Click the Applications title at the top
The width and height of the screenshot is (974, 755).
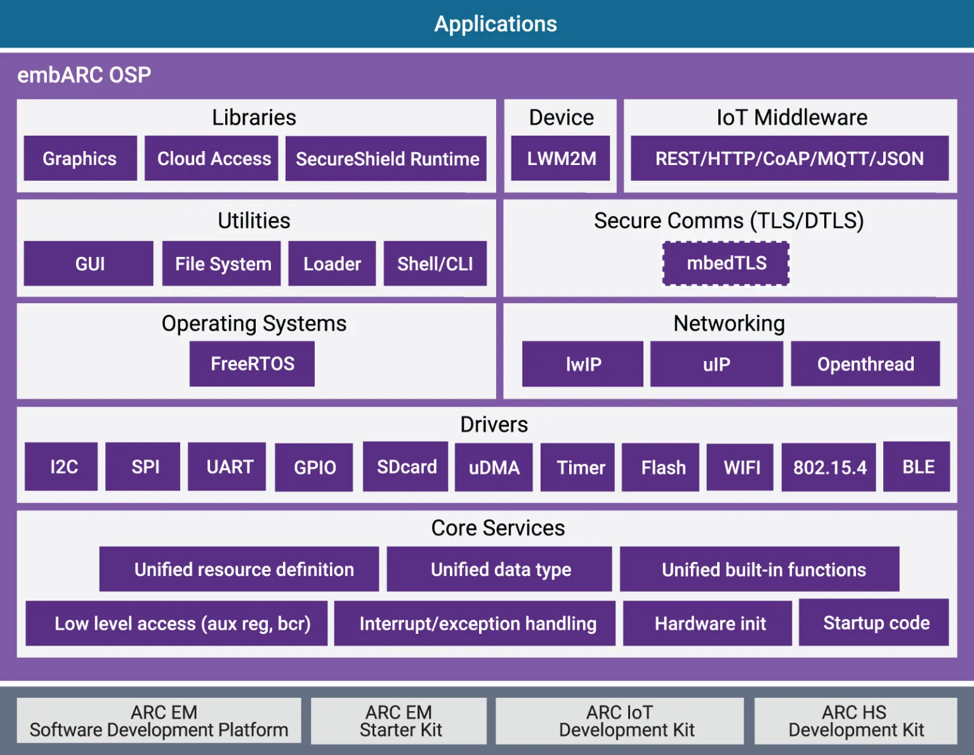coord(495,24)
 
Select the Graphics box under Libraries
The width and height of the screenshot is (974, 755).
coord(80,158)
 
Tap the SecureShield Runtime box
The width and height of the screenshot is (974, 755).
coord(386,159)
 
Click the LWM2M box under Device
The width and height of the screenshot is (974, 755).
coord(561,158)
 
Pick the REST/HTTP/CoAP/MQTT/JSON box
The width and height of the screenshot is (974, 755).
coord(789,158)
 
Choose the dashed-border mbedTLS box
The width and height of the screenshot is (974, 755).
coord(726,263)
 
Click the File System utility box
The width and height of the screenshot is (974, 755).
coord(222,263)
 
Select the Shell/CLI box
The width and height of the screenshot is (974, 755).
coord(435,263)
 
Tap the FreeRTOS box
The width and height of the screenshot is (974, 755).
coord(252,364)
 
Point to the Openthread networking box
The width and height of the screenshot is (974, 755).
coord(865,364)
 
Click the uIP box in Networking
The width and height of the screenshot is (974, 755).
coord(716,364)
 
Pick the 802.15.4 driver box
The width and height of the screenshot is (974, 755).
coord(829,468)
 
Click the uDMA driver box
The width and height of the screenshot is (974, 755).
coord(494,468)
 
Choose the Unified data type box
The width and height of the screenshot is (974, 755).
coord(500,569)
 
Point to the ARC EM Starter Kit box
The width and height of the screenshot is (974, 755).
coord(399,721)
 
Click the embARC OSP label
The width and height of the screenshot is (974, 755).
coord(84,75)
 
